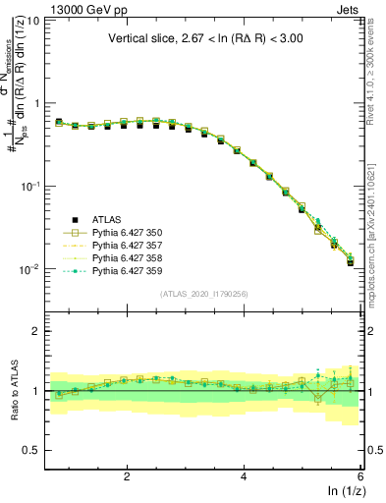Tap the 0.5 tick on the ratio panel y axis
tap(33, 450)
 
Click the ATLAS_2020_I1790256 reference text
tap(203, 294)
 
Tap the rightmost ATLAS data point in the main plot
tap(351, 263)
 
